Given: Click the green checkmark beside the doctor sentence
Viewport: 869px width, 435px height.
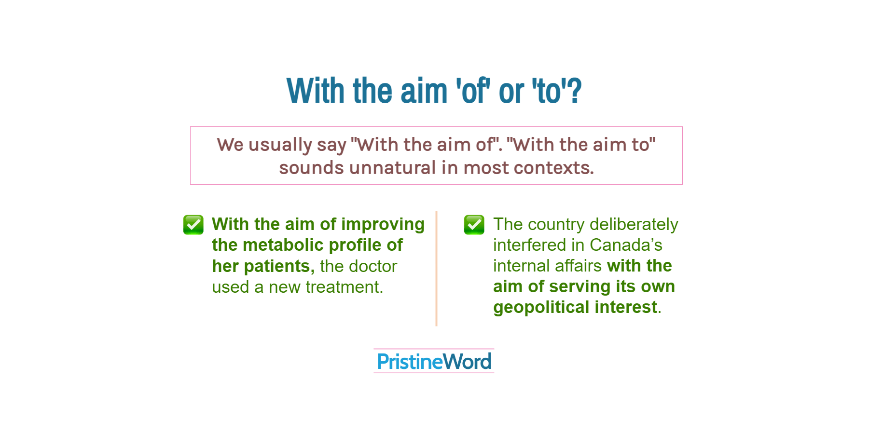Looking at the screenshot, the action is pyautogui.click(x=193, y=225).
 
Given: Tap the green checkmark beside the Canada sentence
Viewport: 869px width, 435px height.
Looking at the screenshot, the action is pyautogui.click(x=474, y=225).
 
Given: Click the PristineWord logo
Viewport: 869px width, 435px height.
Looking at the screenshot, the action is pyautogui.click(x=434, y=361).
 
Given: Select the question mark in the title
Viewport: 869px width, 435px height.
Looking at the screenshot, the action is pyautogui.click(x=575, y=91).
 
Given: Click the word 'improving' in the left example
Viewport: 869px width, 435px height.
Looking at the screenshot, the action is pyautogui.click(x=383, y=225).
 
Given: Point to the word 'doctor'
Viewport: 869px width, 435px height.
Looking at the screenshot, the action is pyautogui.click(x=374, y=266).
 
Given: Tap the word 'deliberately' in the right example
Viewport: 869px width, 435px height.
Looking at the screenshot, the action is pyautogui.click(x=634, y=225).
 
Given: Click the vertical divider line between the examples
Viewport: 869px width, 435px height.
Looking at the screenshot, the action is pyautogui.click(x=436, y=269).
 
